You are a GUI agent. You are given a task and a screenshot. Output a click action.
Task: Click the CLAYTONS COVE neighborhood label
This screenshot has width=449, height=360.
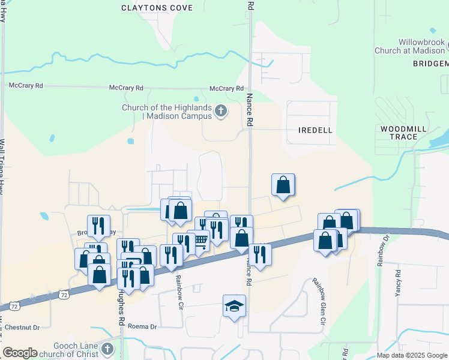click(x=157, y=8)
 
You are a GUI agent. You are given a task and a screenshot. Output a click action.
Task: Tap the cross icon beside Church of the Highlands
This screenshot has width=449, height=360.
click(x=221, y=110)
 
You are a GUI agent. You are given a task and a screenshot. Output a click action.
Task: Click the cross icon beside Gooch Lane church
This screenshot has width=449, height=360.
click(x=107, y=349)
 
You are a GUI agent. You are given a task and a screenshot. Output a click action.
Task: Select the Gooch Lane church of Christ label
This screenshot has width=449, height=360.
click(x=70, y=349)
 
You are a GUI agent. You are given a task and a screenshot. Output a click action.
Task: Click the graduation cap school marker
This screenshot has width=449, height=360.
click(x=234, y=307)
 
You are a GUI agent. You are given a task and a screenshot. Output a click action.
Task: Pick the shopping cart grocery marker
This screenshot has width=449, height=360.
click(x=199, y=241)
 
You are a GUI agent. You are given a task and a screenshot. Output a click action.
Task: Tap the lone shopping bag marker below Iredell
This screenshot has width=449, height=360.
click(x=283, y=185)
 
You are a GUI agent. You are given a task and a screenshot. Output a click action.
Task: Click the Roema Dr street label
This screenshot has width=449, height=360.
click(x=142, y=327)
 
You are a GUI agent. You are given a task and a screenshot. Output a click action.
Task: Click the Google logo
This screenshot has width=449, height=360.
click(x=20, y=353)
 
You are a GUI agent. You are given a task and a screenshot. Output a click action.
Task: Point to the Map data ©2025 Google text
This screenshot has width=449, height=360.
click(x=412, y=355)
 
